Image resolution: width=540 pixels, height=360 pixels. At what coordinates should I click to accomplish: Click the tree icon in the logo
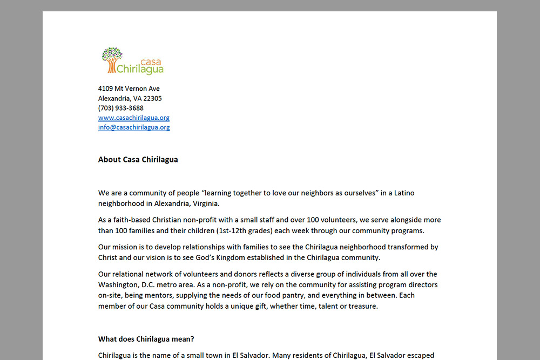click(x=112, y=59)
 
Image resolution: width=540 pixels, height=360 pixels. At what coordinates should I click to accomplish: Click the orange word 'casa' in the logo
click(x=150, y=62)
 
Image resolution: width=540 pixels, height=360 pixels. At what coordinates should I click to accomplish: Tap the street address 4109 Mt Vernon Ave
click(x=129, y=89)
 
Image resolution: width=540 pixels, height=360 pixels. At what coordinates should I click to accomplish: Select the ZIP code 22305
click(x=152, y=98)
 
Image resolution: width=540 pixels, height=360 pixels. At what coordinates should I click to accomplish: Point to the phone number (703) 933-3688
click(x=120, y=108)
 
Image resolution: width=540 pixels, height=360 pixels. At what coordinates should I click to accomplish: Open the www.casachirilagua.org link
click(x=134, y=118)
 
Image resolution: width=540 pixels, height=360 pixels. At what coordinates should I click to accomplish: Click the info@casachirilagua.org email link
click(x=134, y=127)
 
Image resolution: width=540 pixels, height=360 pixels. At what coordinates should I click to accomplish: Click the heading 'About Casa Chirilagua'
click(x=138, y=159)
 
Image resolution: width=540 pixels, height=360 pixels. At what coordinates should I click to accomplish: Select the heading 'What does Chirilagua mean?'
click(x=146, y=339)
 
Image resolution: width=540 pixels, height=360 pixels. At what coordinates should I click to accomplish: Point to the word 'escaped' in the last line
click(x=421, y=355)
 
